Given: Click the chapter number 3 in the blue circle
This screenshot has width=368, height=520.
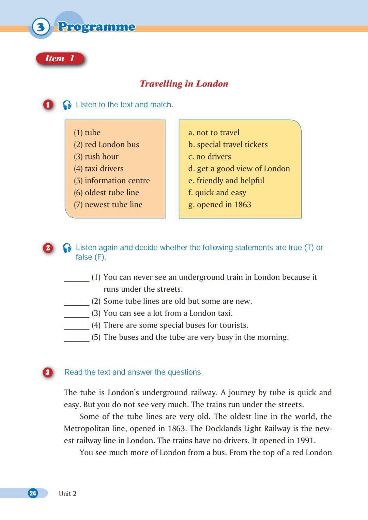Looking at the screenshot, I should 41,27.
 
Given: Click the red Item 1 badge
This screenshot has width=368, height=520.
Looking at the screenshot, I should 60,59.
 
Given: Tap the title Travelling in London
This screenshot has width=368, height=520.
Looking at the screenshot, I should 184,84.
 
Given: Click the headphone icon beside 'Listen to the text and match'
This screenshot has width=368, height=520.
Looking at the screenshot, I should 67,105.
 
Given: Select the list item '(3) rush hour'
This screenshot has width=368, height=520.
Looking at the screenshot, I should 96,156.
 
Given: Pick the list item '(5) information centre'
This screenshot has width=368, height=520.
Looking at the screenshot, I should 112,181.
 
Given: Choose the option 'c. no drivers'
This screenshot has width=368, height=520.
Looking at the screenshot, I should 210,156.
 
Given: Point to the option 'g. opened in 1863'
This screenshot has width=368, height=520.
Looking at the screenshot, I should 219,204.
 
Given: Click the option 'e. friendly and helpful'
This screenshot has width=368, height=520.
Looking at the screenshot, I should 226,181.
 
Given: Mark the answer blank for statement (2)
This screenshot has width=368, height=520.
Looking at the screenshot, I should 77,301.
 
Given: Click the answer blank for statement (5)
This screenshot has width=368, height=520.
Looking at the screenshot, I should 77,337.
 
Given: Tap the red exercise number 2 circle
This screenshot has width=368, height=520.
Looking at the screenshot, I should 48,248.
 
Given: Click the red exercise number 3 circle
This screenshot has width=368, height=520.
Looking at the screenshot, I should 48,372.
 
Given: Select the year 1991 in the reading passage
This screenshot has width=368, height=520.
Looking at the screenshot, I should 306,441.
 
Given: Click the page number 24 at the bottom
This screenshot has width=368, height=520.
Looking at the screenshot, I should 33,493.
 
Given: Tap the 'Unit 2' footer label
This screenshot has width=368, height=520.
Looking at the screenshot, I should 67,493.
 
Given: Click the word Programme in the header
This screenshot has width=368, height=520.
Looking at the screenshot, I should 96,27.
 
